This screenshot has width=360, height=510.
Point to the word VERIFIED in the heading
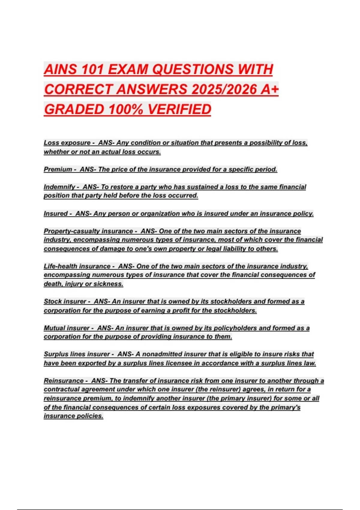point(179,109)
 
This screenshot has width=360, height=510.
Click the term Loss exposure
point(67,143)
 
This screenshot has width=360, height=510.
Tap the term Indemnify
point(59,187)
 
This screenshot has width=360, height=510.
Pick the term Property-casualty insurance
point(88,231)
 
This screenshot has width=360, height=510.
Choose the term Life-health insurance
point(77,266)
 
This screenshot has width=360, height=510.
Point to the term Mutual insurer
point(67,328)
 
